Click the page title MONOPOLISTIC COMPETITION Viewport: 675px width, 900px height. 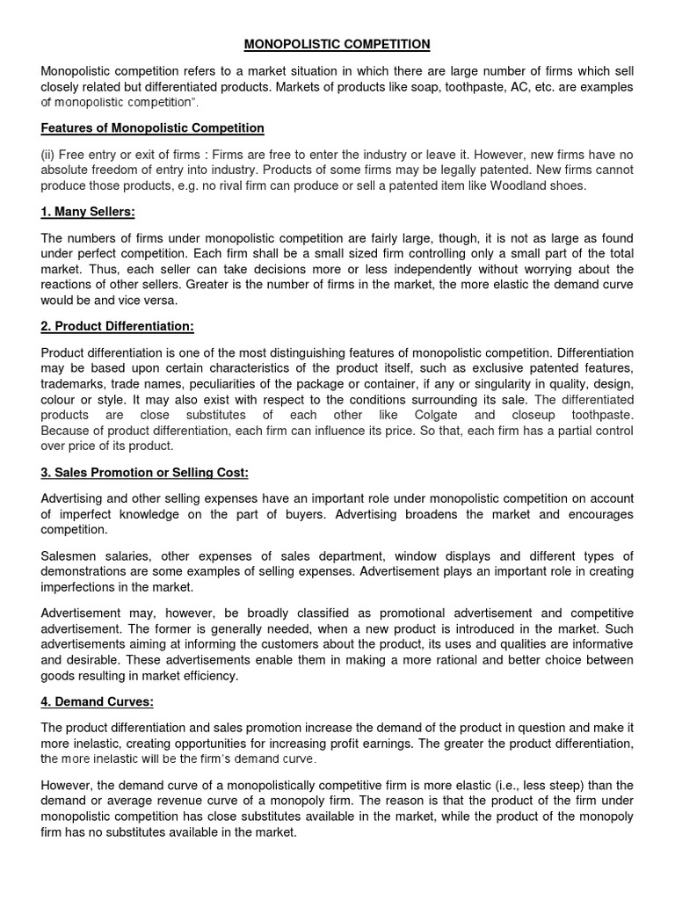click(337, 43)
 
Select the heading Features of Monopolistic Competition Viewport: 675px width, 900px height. click(153, 128)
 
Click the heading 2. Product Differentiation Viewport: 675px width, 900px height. click(117, 326)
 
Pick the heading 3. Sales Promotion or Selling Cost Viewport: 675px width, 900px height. click(145, 473)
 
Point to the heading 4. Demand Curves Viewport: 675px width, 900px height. click(98, 704)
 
